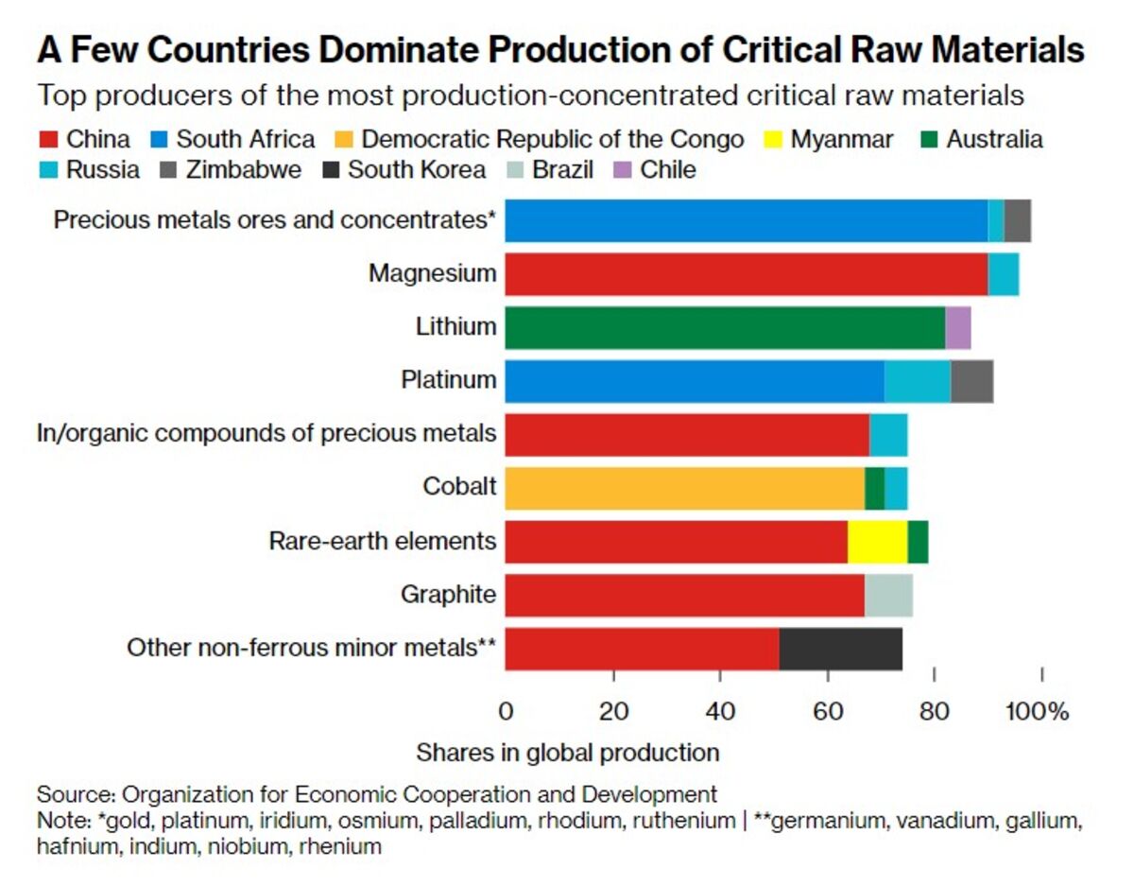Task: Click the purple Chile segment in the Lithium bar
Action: pos(957,326)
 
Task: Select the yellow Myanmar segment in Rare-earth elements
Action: pos(877,541)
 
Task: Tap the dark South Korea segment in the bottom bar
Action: pos(840,648)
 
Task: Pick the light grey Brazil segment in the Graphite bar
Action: pos(888,595)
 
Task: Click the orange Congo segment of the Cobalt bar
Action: pos(684,487)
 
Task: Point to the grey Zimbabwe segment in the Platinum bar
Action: pos(971,381)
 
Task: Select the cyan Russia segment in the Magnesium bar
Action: pos(1003,274)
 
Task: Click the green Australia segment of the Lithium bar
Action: pos(724,326)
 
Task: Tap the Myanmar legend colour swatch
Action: pos(774,141)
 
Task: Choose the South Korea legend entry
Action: pos(417,170)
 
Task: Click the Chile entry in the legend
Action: pos(667,170)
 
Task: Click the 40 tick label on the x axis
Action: pos(720,711)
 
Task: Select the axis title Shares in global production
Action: pos(567,753)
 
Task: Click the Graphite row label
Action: pos(447,595)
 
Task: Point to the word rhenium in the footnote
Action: pos(340,847)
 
